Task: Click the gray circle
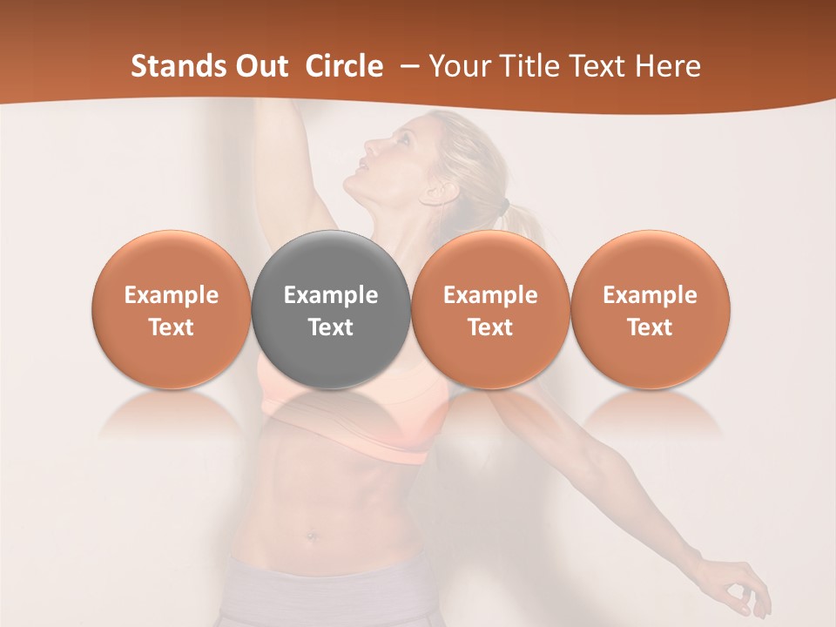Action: tap(331, 309)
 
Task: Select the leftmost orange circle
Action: tap(172, 309)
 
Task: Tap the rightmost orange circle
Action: tap(650, 309)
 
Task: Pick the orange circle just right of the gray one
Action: tap(490, 309)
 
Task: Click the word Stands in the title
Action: tap(179, 66)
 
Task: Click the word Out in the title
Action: tap(263, 66)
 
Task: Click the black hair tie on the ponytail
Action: tap(504, 206)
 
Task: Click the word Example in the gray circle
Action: tap(331, 295)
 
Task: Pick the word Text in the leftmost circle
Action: tap(172, 327)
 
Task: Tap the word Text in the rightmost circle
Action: tap(650, 327)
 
